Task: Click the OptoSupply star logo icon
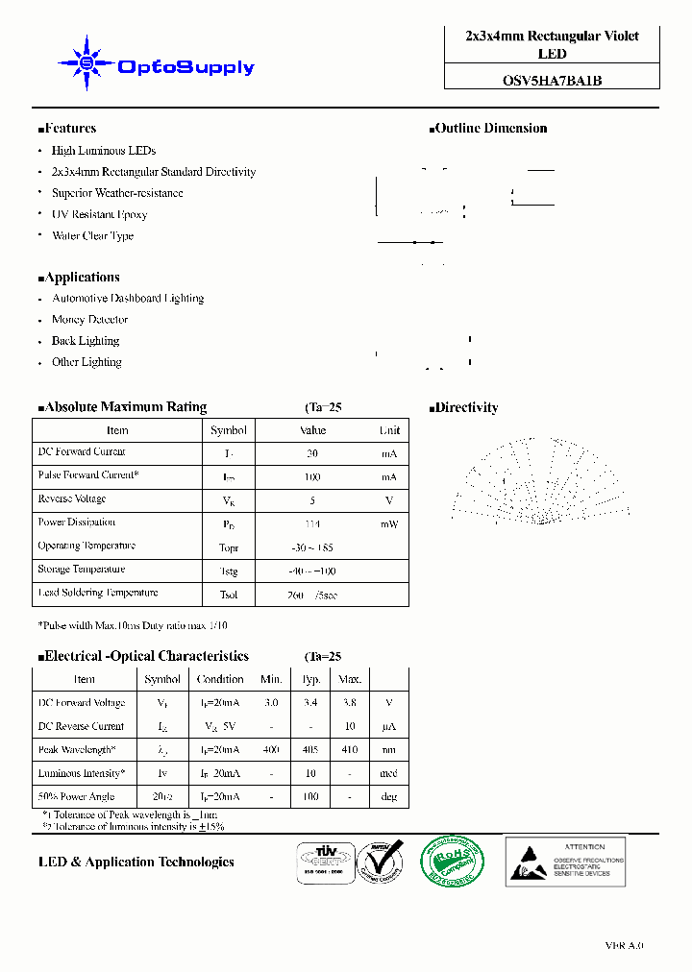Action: [x=86, y=64]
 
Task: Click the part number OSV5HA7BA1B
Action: [x=552, y=81]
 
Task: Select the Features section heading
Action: [x=67, y=129]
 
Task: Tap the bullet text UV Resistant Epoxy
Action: [x=99, y=214]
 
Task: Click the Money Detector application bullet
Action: [x=89, y=320]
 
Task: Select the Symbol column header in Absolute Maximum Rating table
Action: [x=229, y=430]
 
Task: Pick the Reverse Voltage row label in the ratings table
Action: [x=72, y=499]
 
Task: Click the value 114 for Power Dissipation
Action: [x=311, y=524]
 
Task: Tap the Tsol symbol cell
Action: [x=229, y=595]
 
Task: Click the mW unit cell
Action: [x=389, y=524]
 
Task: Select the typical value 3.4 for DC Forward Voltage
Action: [x=311, y=703]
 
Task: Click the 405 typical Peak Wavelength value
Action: [x=311, y=750]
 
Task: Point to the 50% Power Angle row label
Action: [x=76, y=796]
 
